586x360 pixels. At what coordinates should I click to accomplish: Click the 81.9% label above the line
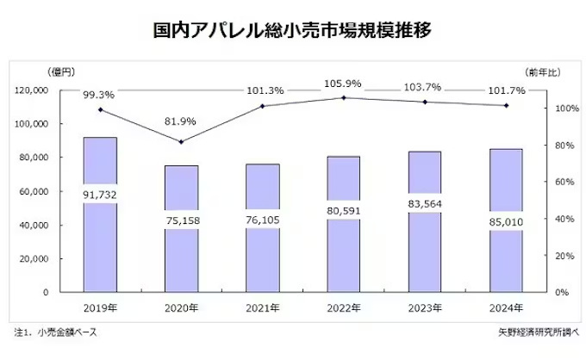pos(182,121)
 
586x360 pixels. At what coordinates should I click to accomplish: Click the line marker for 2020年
pos(181,142)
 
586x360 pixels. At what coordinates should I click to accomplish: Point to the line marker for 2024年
pos(506,106)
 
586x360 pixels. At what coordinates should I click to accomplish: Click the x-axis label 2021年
pos(262,307)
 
